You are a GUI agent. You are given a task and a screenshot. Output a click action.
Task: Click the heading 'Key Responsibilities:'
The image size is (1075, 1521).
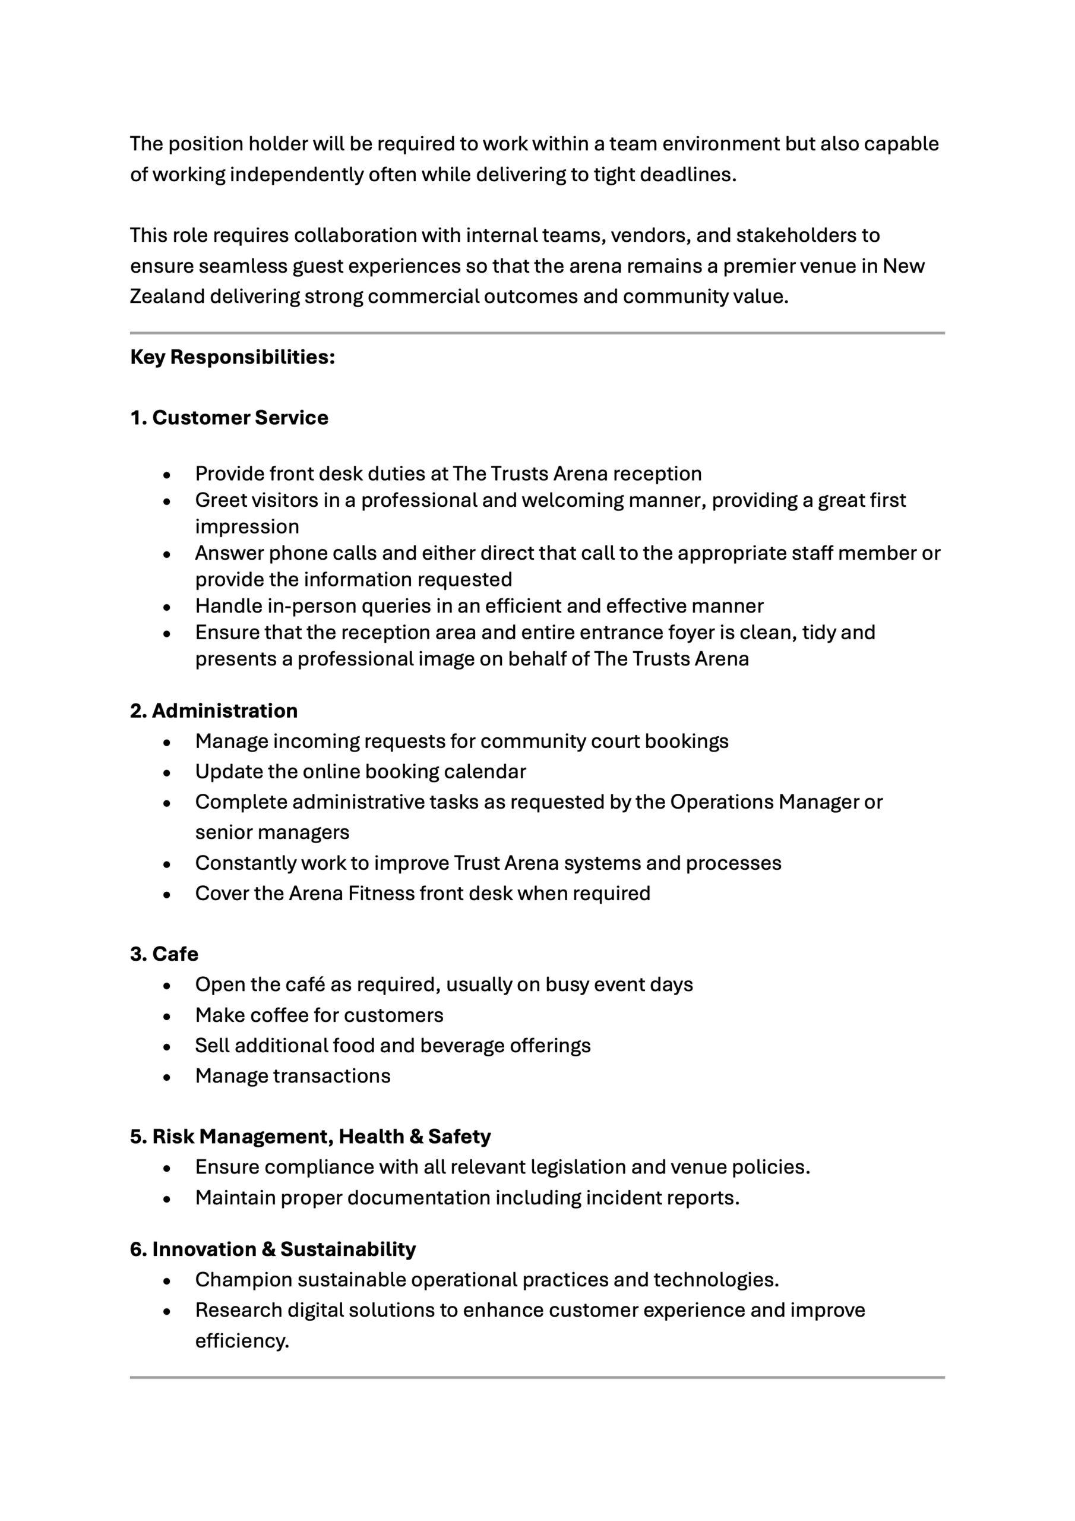(x=232, y=357)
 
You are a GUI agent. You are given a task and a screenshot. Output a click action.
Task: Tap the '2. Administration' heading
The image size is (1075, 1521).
(x=214, y=711)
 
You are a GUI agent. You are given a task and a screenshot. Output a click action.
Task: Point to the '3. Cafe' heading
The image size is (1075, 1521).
(x=165, y=954)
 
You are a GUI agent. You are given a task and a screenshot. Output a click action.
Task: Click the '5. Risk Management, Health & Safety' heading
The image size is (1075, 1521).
(x=310, y=1137)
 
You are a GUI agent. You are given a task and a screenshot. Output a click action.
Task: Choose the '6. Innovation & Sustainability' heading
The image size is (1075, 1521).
(x=273, y=1249)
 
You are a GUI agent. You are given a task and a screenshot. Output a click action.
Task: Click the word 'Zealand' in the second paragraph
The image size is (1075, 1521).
(x=167, y=296)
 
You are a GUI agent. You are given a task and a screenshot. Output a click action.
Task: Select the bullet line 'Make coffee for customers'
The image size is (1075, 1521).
(x=320, y=1015)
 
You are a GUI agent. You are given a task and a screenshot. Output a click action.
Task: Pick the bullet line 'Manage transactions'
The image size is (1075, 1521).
(x=293, y=1076)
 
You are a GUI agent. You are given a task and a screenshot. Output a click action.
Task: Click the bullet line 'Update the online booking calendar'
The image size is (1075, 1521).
(x=361, y=772)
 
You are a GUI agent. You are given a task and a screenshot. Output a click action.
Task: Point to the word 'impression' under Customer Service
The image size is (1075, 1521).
(x=247, y=526)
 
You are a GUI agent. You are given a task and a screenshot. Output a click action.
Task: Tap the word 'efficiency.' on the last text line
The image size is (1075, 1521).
(x=242, y=1341)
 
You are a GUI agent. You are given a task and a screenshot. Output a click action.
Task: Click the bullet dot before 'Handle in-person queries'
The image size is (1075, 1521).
(x=167, y=607)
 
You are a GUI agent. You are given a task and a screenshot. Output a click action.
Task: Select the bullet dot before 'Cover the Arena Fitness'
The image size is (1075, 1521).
(x=167, y=894)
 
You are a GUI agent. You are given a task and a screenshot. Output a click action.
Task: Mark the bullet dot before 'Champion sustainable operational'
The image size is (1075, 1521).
(x=167, y=1280)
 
